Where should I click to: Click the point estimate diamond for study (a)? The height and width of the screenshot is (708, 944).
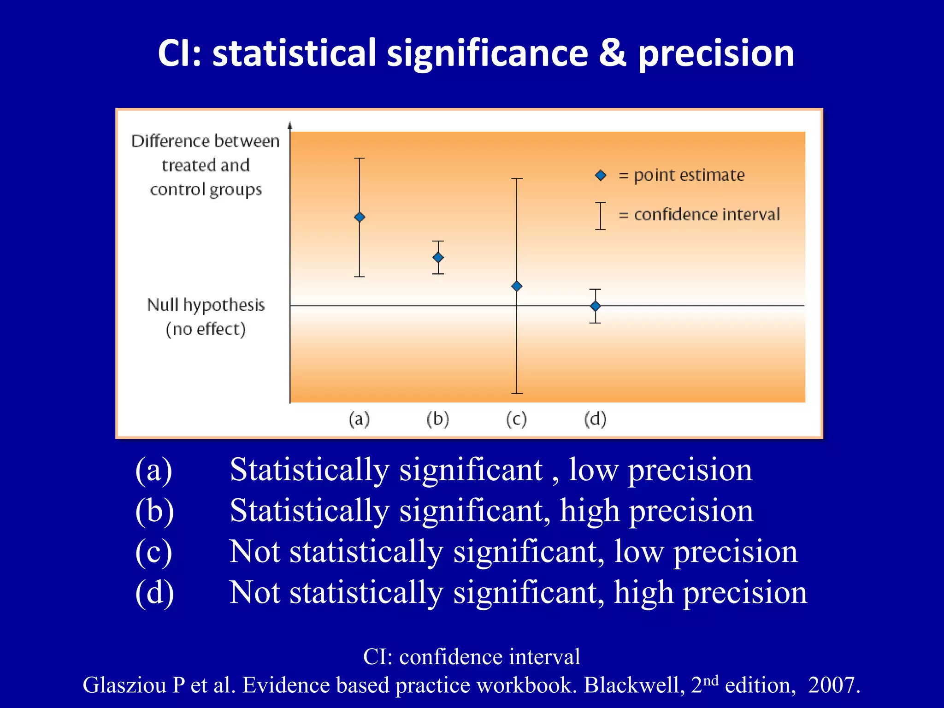tap(360, 217)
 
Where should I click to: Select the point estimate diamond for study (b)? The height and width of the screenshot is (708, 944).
tap(438, 257)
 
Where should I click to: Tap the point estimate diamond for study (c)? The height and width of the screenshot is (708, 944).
tap(517, 286)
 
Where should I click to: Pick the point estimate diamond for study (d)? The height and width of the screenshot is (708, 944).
tap(596, 306)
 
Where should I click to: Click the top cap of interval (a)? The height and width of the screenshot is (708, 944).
tap(360, 159)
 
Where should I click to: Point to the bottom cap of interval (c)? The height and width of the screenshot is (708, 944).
tap(517, 393)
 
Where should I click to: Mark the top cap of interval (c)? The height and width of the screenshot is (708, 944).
tap(517, 179)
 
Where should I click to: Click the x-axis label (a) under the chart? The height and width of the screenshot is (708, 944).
tap(359, 419)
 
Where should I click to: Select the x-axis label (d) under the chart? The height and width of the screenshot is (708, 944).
tap(595, 419)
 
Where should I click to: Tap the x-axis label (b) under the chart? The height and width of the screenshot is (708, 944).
tap(437, 419)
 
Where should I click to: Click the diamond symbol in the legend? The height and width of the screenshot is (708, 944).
tap(601, 176)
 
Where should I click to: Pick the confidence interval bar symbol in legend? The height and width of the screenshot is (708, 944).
tap(600, 216)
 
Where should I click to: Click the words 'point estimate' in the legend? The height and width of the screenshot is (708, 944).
tap(689, 176)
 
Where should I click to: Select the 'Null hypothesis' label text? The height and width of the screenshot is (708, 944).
tap(206, 305)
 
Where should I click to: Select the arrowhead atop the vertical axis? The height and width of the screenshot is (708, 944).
tap(290, 125)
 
